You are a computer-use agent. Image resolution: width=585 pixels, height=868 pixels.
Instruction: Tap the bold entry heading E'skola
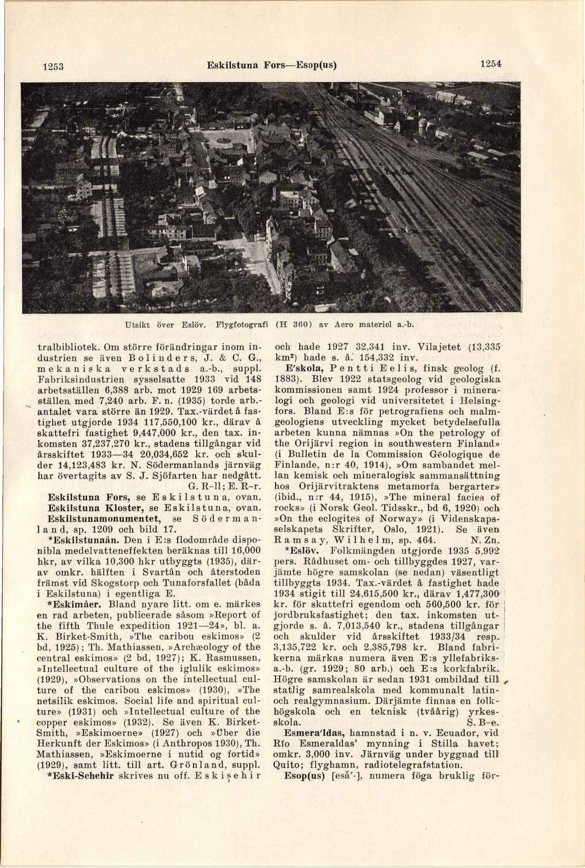click(299, 367)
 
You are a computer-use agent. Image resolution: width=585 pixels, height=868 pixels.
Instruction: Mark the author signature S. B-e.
click(483, 722)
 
